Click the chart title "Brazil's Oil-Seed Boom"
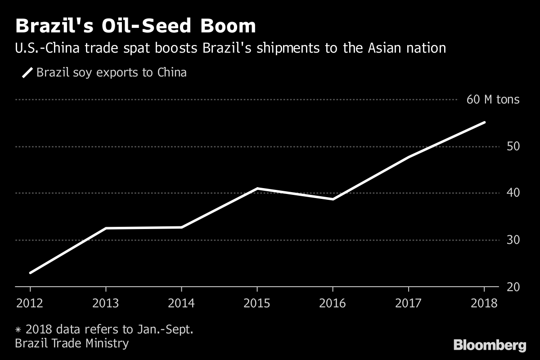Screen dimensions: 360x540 click(135, 26)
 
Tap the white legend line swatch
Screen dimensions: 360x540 click(27, 72)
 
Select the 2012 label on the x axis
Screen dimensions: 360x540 click(30, 303)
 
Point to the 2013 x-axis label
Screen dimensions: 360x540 click(106, 303)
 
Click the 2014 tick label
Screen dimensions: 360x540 click(181, 303)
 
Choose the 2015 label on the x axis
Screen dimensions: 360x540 click(257, 303)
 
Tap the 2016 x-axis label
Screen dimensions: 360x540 click(333, 303)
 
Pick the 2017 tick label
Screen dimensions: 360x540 click(409, 303)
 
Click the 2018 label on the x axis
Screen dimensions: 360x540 click(484, 303)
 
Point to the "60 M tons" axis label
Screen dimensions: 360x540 click(493, 99)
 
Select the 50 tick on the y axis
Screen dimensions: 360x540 click(513, 146)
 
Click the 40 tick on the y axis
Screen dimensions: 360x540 click(513, 193)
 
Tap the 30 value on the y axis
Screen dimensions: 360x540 click(513, 240)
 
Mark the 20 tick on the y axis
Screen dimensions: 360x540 click(513, 287)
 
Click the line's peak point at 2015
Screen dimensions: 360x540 click(257, 189)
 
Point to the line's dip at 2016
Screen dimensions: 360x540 click(333, 198)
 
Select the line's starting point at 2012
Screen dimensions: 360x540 click(30, 273)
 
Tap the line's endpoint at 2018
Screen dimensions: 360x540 click(484, 122)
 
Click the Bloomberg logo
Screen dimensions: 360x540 click(490, 345)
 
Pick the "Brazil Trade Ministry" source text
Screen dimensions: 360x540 click(72, 343)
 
